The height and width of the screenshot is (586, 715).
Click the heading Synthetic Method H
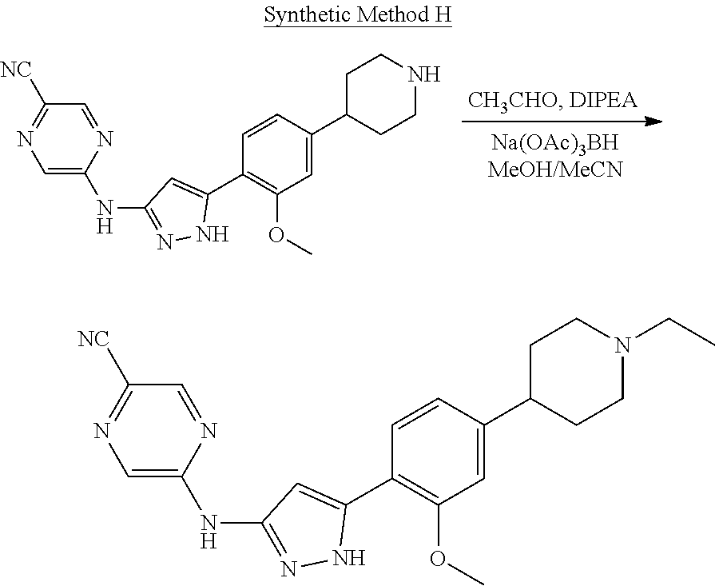pyautogui.click(x=358, y=17)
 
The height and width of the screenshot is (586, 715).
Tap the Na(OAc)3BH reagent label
pyautogui.click(x=558, y=146)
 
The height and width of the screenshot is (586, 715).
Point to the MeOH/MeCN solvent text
pyautogui.click(x=558, y=170)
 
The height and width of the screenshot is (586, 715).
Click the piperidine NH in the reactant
pyautogui.click(x=421, y=76)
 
